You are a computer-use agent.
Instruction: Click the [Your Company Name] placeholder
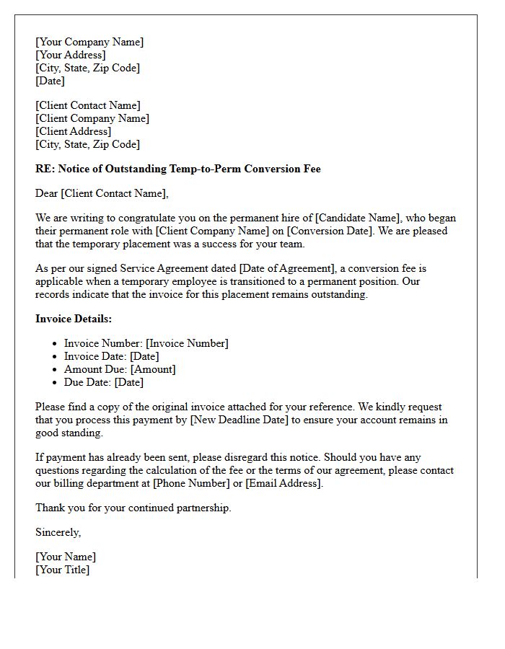point(89,42)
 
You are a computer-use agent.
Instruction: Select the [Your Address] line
point(71,55)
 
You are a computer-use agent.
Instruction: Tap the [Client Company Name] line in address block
point(92,118)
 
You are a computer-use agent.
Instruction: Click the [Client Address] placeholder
point(74,131)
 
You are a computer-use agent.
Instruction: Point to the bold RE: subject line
point(178,169)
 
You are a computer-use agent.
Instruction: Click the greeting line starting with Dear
point(102,193)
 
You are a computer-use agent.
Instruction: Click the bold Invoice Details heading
point(74,319)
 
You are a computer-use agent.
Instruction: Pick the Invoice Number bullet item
point(146,343)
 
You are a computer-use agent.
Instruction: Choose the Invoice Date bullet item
point(112,356)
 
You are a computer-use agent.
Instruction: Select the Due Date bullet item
point(104,382)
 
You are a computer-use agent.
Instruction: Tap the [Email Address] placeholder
point(284,483)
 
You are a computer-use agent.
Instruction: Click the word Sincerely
point(58,532)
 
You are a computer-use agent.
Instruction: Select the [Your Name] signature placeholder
point(66,557)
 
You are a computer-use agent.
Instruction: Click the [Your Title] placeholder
point(63,570)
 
